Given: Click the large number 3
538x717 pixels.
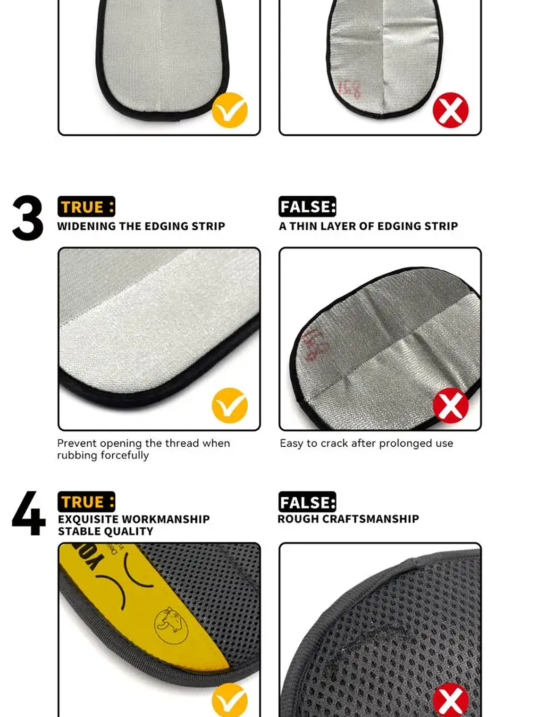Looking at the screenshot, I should click(x=28, y=218).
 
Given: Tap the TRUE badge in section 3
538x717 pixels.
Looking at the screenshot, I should click(x=86, y=207).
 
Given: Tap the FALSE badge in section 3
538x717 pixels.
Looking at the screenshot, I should click(x=307, y=207).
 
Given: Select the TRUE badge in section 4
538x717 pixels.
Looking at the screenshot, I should click(x=86, y=502).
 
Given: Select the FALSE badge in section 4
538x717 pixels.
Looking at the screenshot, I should click(x=307, y=502).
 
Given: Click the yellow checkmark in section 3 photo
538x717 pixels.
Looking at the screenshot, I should click(x=230, y=406).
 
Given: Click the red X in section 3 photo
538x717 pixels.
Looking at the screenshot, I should click(x=451, y=406).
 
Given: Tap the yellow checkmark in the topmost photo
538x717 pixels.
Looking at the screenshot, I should click(x=230, y=110).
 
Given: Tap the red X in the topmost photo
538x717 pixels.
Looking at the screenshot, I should click(x=451, y=110).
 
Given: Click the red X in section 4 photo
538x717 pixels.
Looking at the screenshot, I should click(x=451, y=700).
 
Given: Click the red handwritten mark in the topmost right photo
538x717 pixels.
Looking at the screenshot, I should click(x=349, y=89).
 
